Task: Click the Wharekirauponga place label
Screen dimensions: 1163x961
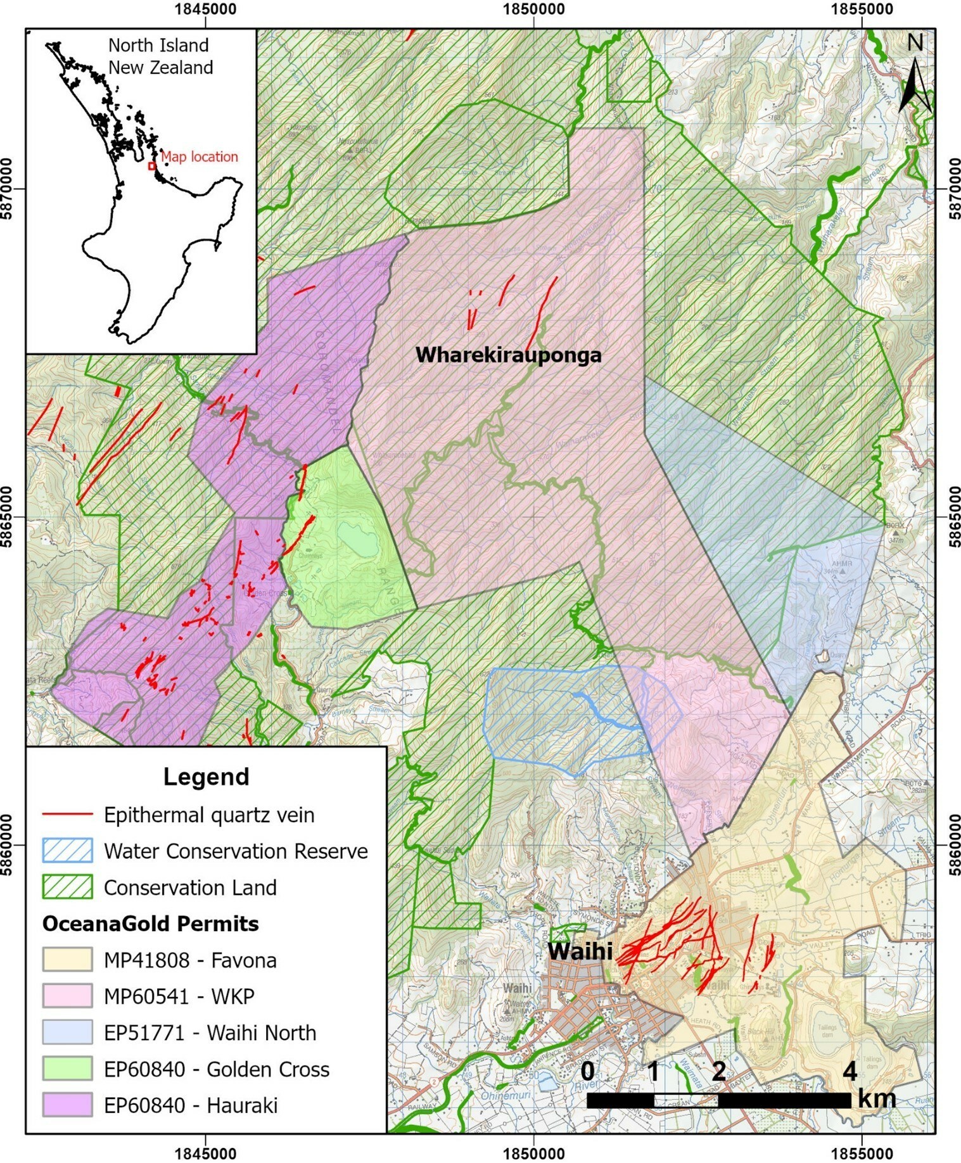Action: coord(508,355)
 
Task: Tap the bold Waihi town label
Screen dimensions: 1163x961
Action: coord(580,950)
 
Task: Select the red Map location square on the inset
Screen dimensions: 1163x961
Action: coord(152,166)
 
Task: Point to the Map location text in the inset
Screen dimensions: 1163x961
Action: coord(199,156)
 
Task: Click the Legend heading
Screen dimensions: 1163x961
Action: coord(206,777)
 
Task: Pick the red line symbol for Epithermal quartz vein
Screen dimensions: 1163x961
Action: coord(67,815)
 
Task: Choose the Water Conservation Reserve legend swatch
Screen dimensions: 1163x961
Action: coord(67,851)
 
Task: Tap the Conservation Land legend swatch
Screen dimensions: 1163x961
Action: coord(67,887)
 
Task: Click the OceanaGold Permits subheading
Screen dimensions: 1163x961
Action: coord(150,924)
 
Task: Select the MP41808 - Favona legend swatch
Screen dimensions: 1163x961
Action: coord(67,960)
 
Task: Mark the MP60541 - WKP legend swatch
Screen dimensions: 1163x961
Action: coord(67,996)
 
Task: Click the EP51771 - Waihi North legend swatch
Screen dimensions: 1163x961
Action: coord(67,1032)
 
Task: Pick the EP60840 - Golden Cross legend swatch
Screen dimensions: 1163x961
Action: coord(67,1069)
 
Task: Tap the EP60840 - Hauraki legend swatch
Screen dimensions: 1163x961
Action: coord(67,1105)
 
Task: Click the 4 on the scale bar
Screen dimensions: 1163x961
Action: coord(850,1072)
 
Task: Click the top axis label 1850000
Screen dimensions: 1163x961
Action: coord(533,9)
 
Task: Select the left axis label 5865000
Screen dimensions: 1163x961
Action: coord(9,517)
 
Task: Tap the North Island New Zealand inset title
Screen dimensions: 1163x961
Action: coord(160,56)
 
